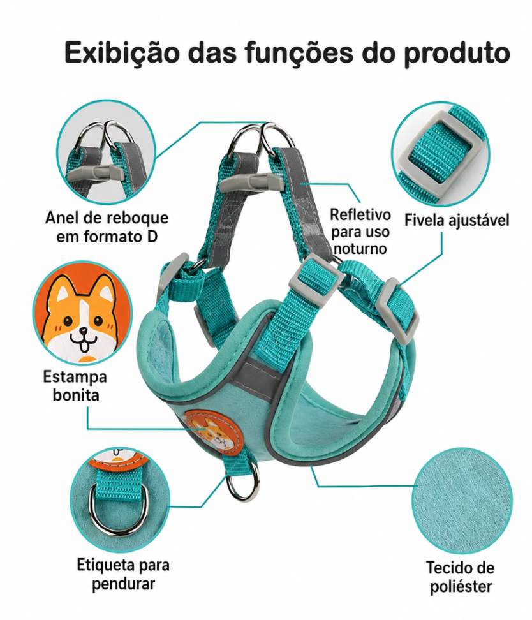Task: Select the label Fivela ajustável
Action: (457, 220)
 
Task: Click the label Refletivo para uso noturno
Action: (360, 232)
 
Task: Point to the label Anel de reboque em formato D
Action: (107, 227)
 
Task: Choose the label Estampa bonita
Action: (75, 385)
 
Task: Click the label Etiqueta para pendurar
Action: (123, 574)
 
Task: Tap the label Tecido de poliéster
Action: (461, 577)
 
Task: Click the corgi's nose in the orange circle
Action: (84, 331)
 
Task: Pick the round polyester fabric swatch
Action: (462, 500)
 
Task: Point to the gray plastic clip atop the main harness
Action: (251, 182)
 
